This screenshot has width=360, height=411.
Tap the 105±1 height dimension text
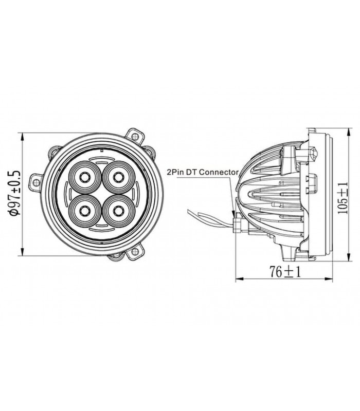click(343, 198)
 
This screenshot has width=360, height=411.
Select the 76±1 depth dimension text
click(285, 272)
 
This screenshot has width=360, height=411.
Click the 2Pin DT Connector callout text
click(203, 172)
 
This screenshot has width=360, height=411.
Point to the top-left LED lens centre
click(84, 177)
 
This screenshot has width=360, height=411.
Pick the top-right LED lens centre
click(118, 177)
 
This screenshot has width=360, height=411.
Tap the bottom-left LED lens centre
click(84, 211)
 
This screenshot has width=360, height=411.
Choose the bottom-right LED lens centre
click(118, 211)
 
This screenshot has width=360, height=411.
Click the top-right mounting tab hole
click(135, 136)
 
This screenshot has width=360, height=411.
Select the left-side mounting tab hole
click(36, 181)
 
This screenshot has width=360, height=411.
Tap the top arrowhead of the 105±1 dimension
click(349, 132)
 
